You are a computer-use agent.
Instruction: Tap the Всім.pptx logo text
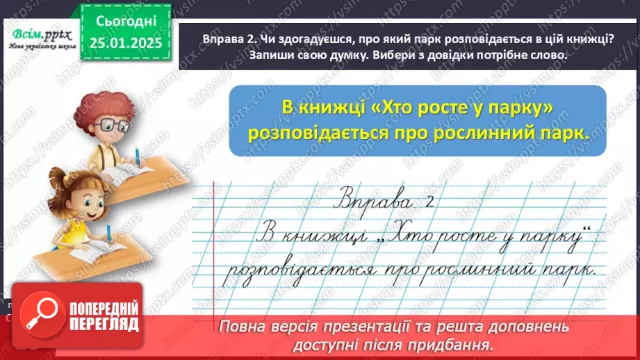[x=42, y=33]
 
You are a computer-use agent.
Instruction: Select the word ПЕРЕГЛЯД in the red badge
[x=103, y=324]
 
